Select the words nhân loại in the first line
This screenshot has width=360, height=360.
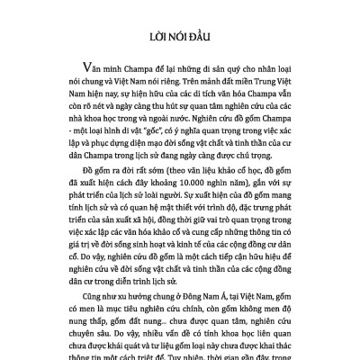pos(265,69)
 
